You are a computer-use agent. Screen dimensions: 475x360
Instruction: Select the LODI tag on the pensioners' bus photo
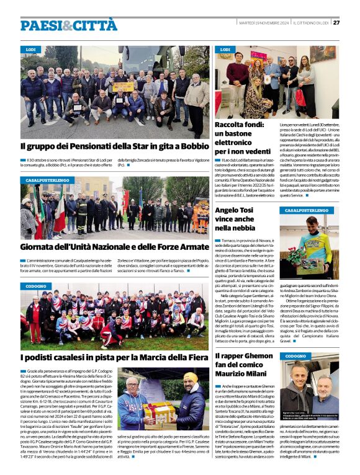tap(31, 49)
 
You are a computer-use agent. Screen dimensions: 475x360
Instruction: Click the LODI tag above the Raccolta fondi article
tap(225, 49)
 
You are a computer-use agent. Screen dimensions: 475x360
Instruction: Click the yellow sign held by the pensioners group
tap(122, 87)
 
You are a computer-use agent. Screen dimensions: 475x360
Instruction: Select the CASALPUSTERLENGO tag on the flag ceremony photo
tap(47, 180)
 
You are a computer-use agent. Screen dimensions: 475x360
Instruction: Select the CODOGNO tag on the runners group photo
tap(37, 286)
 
